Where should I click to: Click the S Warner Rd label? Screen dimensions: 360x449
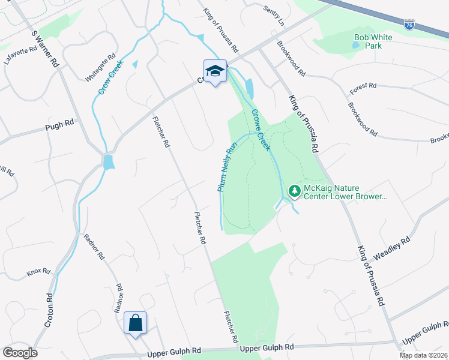coord(44,47)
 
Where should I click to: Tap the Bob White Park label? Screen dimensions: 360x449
coord(373,41)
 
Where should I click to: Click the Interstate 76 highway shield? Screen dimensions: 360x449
coord(409,25)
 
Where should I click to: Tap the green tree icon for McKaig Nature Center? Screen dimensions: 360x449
coord(294,192)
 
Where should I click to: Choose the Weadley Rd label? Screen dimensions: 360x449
coord(391,248)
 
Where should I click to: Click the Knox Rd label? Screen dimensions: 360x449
coord(38,272)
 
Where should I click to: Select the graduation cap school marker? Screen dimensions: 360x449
coord(215,71)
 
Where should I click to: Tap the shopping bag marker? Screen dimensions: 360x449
coord(135,323)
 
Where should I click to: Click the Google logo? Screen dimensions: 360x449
coord(20,353)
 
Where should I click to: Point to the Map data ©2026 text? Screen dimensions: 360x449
coord(423,355)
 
